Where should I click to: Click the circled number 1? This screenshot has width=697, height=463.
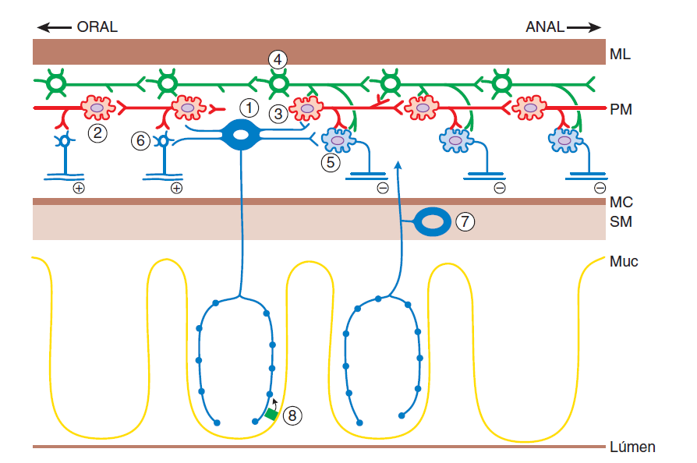pyautogui.click(x=248, y=106)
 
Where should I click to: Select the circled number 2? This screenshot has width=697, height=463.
pyautogui.click(x=97, y=133)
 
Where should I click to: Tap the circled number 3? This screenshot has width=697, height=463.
pyautogui.click(x=278, y=114)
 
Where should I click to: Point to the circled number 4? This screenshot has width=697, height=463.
pyautogui.click(x=278, y=59)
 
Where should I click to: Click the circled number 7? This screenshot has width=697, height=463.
pyautogui.click(x=465, y=221)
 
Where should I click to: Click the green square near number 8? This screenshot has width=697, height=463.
pyautogui.click(x=271, y=414)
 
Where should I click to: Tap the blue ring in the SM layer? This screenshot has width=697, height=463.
pyautogui.click(x=431, y=221)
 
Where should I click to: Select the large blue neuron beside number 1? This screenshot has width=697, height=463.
pyautogui.click(x=241, y=135)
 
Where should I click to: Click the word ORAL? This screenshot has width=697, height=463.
pyautogui.click(x=97, y=27)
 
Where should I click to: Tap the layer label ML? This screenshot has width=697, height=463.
pyautogui.click(x=621, y=55)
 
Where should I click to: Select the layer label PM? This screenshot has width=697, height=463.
pyautogui.click(x=621, y=110)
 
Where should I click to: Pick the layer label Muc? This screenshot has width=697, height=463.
pyautogui.click(x=624, y=261)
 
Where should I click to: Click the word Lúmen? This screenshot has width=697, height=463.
pyautogui.click(x=632, y=447)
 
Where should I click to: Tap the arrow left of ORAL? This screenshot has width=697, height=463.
pyautogui.click(x=54, y=27)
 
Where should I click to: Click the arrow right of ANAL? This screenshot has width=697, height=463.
pyautogui.click(x=585, y=27)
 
